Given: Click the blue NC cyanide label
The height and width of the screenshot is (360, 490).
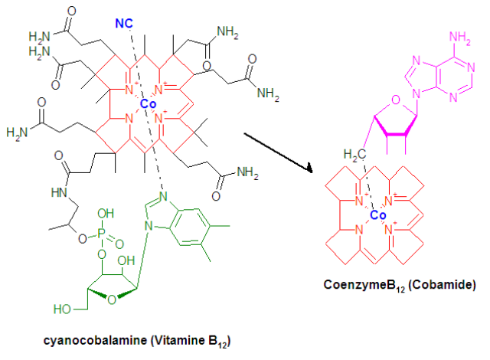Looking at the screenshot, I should [x=126, y=24].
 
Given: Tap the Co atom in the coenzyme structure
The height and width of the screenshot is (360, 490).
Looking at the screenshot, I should [x=377, y=216].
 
